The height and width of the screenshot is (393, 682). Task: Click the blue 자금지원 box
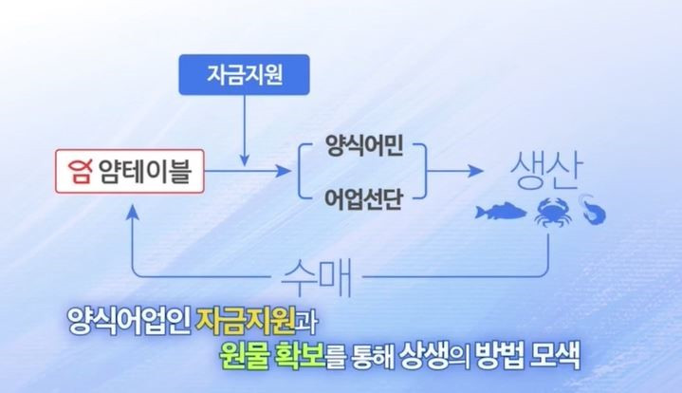244,74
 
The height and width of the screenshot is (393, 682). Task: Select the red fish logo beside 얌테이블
81,172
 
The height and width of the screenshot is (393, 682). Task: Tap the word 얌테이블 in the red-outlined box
145,171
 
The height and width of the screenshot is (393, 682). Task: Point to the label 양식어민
364,146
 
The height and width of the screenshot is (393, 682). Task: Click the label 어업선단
363,199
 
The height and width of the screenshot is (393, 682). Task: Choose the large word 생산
546,171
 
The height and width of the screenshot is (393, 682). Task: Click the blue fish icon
501,212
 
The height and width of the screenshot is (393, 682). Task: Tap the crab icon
552,212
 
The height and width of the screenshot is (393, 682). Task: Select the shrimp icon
593,210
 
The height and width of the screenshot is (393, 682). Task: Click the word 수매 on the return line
316,277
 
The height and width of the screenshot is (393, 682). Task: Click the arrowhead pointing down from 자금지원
245,159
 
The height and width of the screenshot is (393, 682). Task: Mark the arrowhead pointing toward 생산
476,171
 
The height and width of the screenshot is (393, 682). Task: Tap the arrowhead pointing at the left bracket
284,171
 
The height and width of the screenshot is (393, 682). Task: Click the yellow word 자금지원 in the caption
247,321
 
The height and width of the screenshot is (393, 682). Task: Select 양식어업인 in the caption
129,321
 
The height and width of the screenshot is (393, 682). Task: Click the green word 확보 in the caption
300,356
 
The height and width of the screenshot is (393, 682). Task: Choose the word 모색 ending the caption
556,356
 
